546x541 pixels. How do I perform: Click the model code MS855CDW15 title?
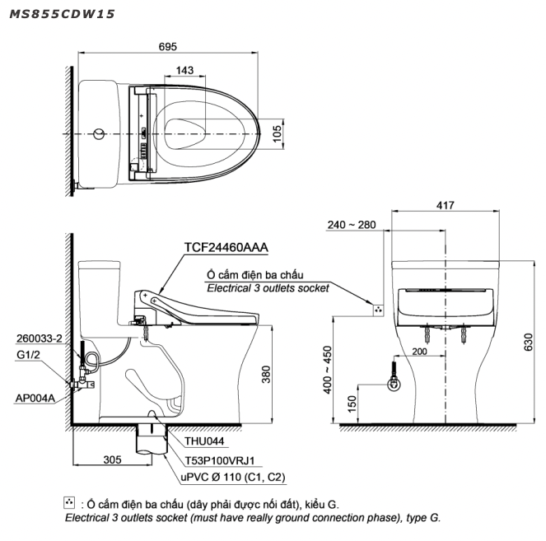62,14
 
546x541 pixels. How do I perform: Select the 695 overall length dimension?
168,47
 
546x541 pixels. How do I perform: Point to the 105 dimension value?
278,131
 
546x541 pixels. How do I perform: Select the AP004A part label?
35,398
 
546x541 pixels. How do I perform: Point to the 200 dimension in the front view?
420,352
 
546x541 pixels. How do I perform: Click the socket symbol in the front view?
377,310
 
